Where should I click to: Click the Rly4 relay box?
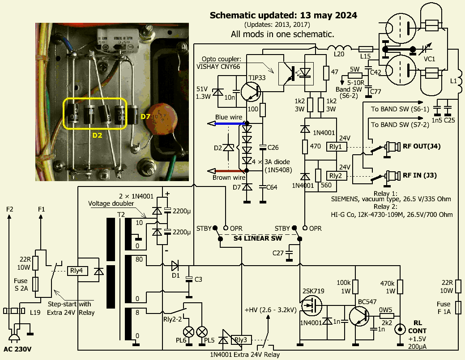coord(78,271)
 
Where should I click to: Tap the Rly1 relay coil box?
coord(335,147)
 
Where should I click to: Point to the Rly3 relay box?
coord(241,340)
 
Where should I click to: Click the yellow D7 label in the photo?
coord(146,117)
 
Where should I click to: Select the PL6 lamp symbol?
coord(189,331)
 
